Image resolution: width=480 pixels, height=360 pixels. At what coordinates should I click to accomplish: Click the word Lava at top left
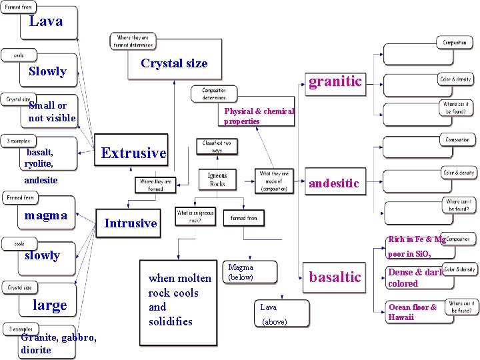45,21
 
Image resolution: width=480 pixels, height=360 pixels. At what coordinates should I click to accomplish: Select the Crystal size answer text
174,64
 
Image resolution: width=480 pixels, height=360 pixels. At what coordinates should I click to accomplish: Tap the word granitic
335,81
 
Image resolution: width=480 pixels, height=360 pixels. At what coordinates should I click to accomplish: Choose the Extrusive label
133,153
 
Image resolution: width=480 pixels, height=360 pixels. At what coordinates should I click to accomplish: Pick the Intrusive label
131,223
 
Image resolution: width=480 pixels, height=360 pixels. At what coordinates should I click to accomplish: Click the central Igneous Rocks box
217,179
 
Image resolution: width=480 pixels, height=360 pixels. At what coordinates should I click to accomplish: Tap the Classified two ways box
217,147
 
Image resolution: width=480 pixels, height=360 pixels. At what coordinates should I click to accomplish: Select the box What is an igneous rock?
195,217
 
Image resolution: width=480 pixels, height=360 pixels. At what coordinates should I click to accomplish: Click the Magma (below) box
241,272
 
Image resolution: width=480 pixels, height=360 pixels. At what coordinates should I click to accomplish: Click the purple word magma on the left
45,215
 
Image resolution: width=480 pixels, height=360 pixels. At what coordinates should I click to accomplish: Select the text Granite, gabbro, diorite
59,344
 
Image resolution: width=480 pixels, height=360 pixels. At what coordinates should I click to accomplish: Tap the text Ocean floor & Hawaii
413,312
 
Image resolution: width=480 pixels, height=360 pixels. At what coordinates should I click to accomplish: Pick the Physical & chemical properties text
259,116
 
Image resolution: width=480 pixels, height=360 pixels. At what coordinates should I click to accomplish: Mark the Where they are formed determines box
134,41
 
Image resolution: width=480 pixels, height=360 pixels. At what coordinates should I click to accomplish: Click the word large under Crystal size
50,305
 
